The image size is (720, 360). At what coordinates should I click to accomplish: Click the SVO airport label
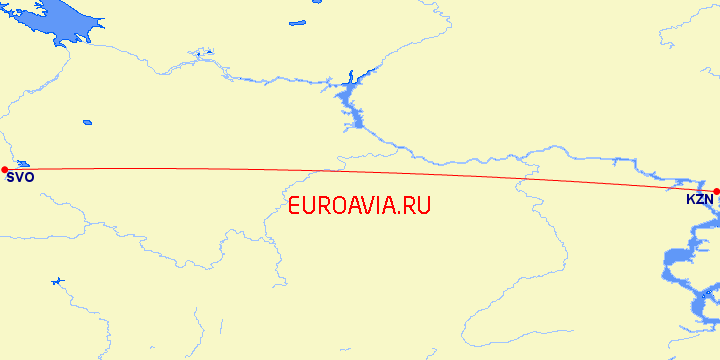click(20, 178)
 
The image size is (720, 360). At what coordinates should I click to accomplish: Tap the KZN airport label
click(699, 200)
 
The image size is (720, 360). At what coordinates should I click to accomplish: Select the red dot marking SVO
click(5, 169)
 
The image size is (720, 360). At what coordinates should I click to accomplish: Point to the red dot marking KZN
click(716, 190)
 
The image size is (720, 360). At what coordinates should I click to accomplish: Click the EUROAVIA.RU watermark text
click(359, 207)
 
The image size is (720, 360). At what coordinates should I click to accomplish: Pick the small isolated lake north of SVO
click(87, 123)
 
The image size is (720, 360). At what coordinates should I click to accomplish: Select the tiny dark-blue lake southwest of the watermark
click(57, 283)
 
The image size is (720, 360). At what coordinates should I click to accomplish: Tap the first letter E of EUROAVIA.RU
click(294, 207)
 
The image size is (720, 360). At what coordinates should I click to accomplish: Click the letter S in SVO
click(10, 178)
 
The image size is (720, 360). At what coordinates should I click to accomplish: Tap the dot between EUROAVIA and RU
click(400, 214)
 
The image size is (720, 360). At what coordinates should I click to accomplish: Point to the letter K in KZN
click(690, 200)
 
